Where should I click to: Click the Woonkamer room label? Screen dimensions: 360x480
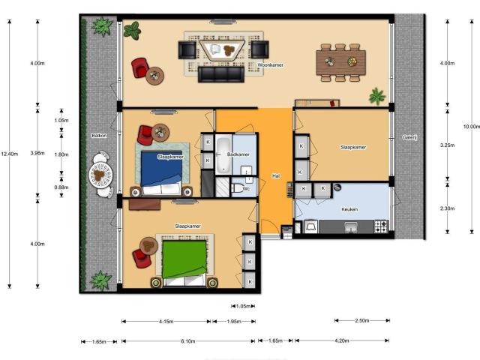click(x=269, y=66)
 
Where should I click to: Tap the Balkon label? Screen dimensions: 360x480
click(x=99, y=136)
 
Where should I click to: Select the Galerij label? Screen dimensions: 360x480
click(x=409, y=137)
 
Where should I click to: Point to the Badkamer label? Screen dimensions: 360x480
click(x=238, y=154)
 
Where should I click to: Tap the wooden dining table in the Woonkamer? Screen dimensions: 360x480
click(x=339, y=61)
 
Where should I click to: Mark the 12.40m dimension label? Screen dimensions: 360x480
click(x=9, y=154)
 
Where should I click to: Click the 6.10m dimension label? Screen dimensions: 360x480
click(x=187, y=341)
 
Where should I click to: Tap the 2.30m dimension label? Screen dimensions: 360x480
click(x=446, y=208)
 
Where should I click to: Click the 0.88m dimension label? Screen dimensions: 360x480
click(x=61, y=187)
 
